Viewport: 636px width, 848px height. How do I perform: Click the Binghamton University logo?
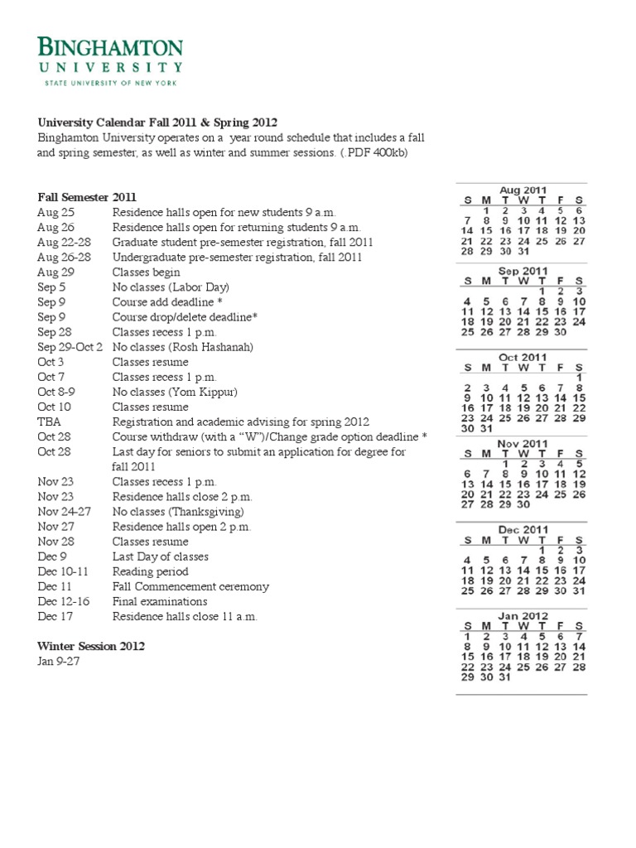coord(110,60)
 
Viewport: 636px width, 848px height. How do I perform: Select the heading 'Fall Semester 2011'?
coord(87,197)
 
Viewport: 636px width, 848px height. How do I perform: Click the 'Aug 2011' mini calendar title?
coord(523,190)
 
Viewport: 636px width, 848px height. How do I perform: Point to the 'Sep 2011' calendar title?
coord(523,271)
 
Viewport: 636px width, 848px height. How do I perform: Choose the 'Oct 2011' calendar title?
coord(523,357)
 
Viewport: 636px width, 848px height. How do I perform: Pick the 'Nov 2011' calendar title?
coord(523,443)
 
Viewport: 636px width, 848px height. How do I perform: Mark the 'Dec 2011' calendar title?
coord(523,529)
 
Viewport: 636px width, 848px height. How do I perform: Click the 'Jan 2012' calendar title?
coord(523,615)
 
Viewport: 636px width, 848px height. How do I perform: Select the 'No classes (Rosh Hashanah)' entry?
coord(182,347)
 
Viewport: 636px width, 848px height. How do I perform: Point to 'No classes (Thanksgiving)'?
coord(178,512)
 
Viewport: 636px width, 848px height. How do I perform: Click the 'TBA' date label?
coord(50,422)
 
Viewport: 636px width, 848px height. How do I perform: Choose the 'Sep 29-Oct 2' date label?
coord(70,347)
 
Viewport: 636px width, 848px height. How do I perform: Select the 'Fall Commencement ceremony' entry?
coord(190,586)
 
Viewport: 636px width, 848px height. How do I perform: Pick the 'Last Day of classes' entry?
coord(160,556)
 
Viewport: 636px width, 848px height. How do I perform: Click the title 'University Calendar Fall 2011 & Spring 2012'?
coord(157,123)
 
